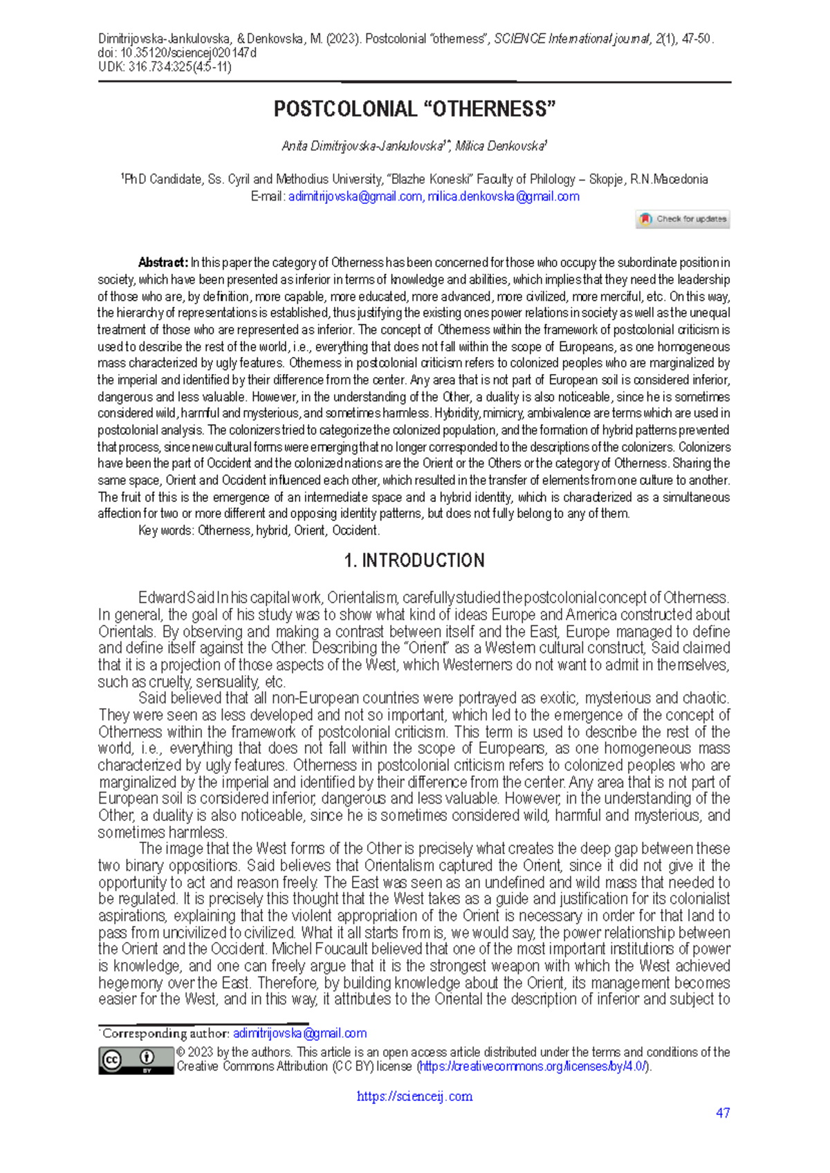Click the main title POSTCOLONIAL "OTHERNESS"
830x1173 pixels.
point(414,109)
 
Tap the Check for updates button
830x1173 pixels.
point(683,219)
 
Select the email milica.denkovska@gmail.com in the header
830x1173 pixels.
point(503,196)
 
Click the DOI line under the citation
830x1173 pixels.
point(177,53)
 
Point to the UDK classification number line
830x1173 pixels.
point(165,67)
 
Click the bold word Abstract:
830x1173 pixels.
point(163,263)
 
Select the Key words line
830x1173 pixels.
point(259,530)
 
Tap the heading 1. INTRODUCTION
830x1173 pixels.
point(414,560)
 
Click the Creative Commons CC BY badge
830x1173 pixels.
point(136,1060)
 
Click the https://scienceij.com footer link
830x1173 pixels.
point(414,1096)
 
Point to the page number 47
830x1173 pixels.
point(723,1113)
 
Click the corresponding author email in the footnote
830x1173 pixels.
point(299,1033)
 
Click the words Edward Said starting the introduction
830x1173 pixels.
point(176,598)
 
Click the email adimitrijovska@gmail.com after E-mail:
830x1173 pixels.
point(355,196)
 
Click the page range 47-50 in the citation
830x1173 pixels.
point(695,39)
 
